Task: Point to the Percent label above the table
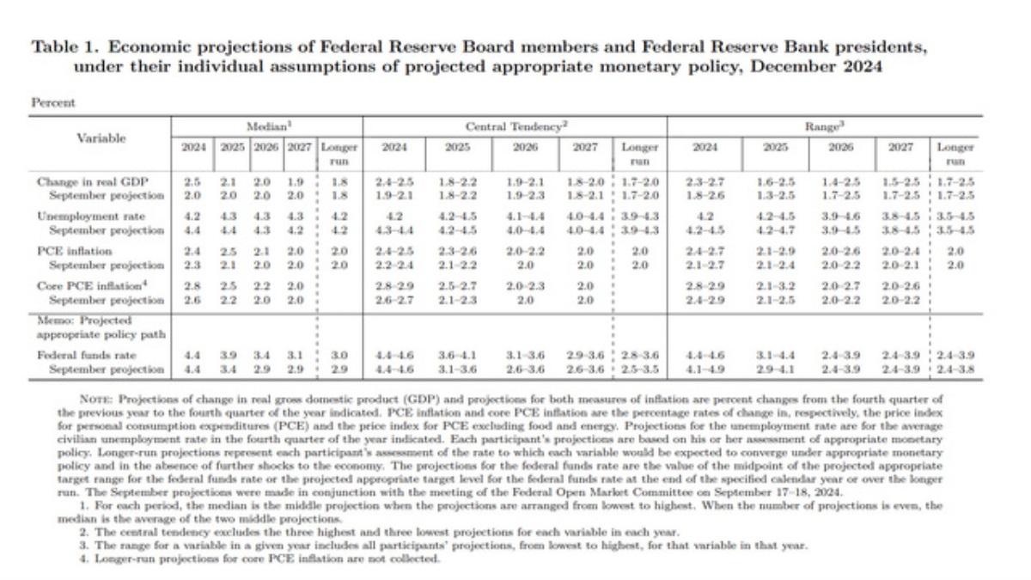tap(53, 103)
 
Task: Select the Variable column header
tap(101, 137)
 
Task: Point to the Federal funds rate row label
tap(81, 355)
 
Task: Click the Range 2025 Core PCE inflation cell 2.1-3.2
tap(776, 285)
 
